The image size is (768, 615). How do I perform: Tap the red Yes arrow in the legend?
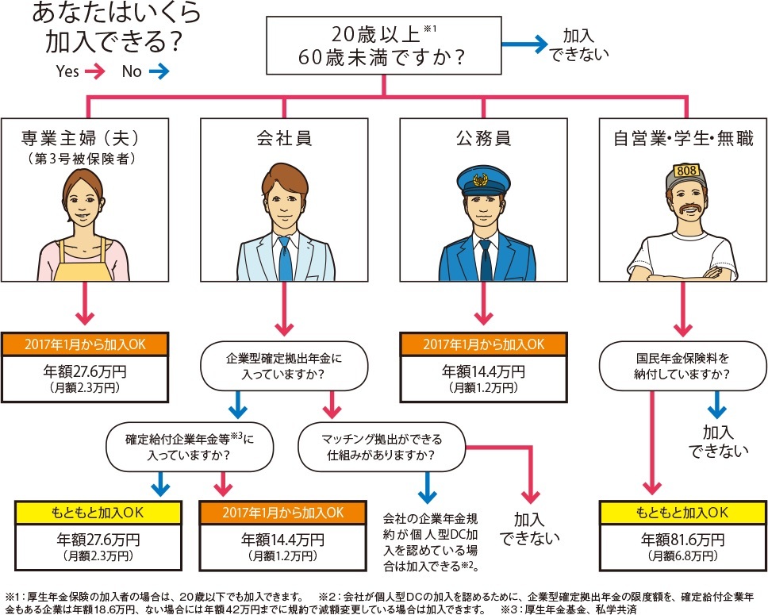click(94, 71)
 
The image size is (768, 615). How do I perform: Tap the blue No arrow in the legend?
click(158, 71)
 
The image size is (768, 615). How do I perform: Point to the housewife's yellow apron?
click(83, 266)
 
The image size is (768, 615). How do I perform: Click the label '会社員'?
click(283, 138)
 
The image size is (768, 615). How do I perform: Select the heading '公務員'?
click(482, 138)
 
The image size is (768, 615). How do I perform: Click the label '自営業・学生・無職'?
click(682, 138)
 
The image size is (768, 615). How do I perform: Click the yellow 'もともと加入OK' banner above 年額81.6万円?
click(682, 512)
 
